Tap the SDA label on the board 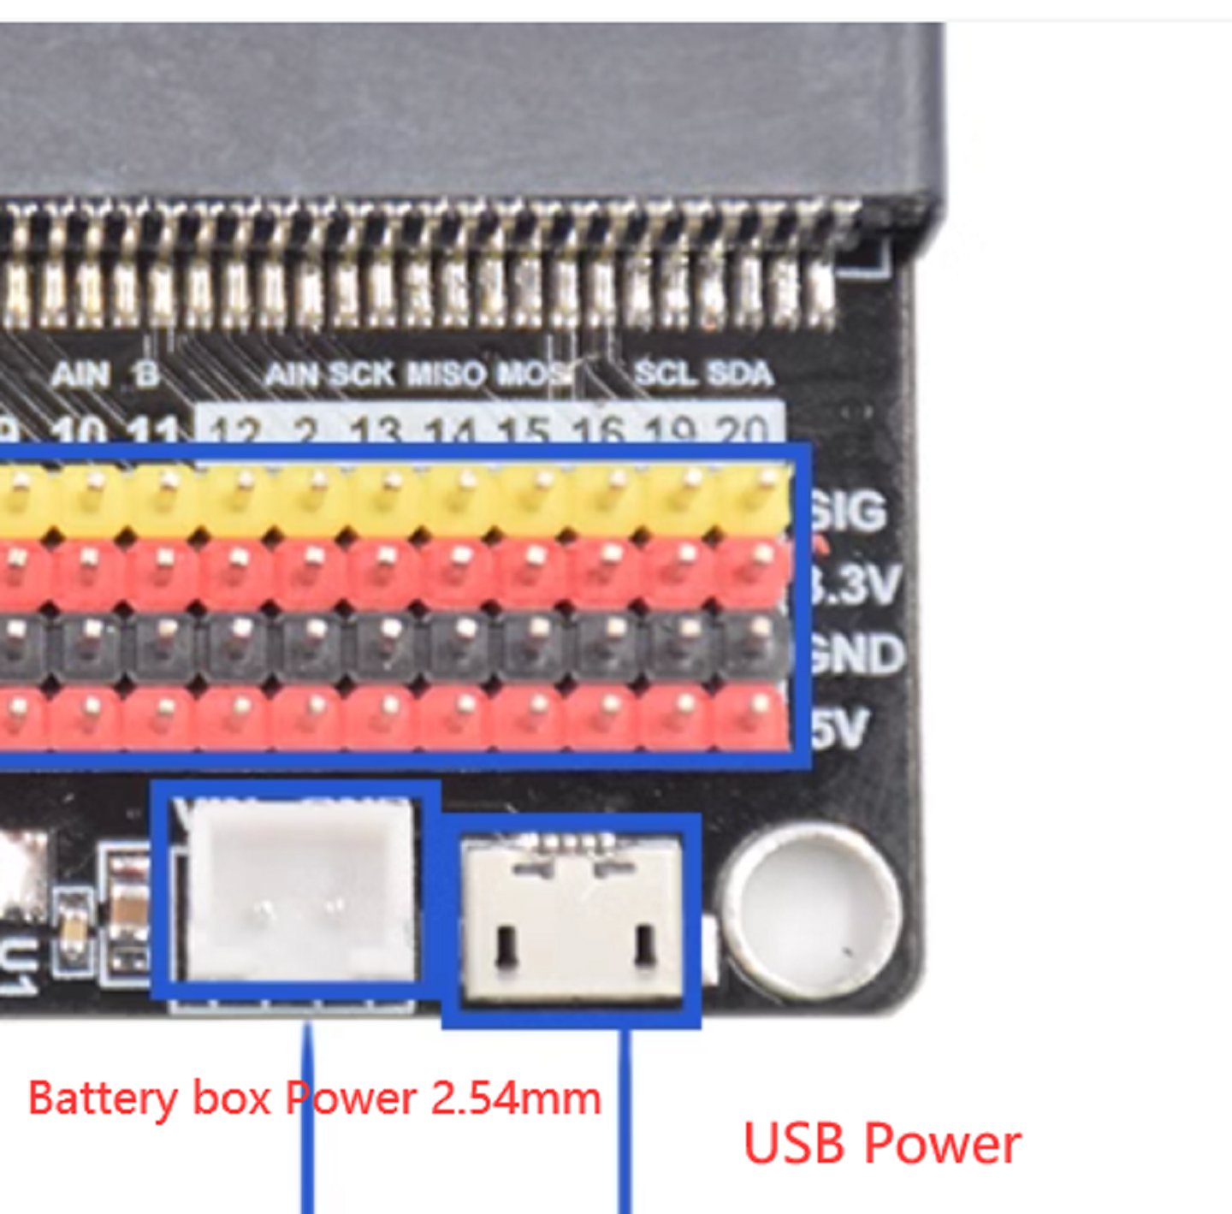click(739, 374)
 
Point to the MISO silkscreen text click(446, 375)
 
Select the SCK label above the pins click(361, 375)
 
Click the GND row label click(856, 654)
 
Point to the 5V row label click(842, 728)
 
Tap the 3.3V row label click(856, 586)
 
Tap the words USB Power click(882, 1143)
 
